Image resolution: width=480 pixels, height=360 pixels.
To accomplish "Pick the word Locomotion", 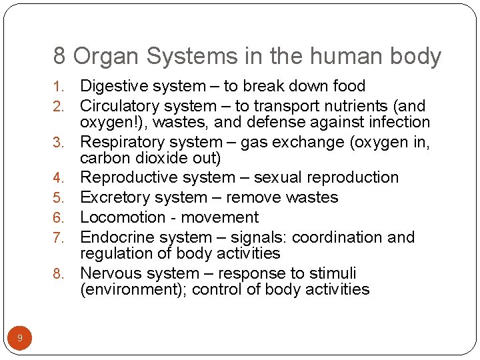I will (x=117, y=217).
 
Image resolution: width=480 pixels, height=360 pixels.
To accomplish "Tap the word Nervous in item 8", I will (x=109, y=273).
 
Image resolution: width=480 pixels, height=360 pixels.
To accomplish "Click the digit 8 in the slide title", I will (x=59, y=57).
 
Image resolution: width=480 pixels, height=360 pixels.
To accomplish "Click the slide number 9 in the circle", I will (x=20, y=338).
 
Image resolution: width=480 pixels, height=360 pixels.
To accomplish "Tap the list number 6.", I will (x=58, y=218).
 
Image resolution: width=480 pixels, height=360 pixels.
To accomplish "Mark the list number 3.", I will (x=58, y=143).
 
